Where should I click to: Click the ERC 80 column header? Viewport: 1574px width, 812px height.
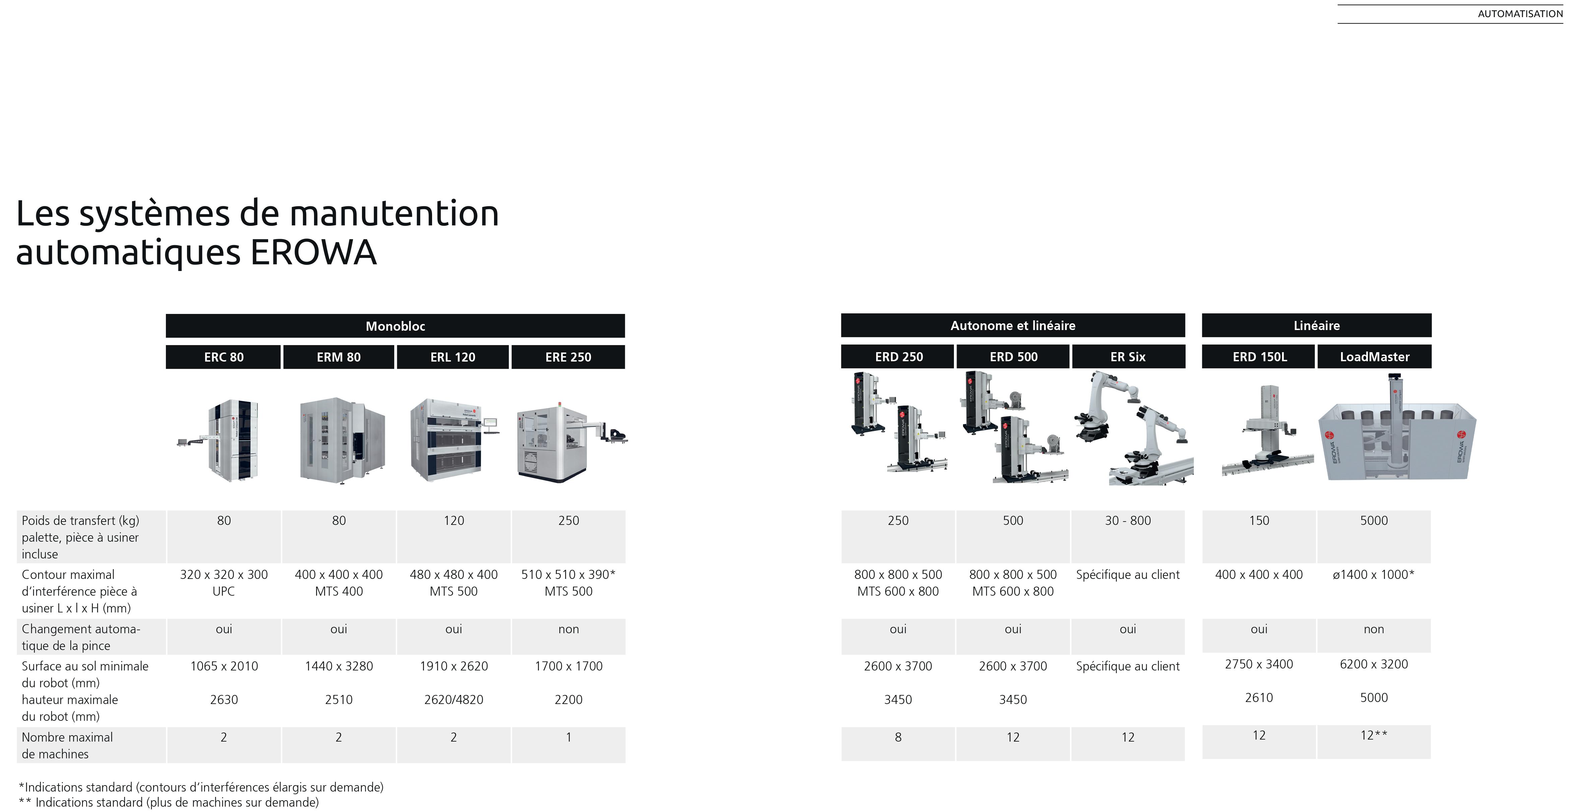click(224, 357)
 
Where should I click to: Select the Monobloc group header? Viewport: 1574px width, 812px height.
click(395, 326)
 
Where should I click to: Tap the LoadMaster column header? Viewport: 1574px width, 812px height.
click(1374, 357)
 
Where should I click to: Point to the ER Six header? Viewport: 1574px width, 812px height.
click(1128, 357)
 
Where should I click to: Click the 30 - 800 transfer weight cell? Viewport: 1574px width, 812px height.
click(1128, 521)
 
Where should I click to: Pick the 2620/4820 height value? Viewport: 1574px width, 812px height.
click(453, 700)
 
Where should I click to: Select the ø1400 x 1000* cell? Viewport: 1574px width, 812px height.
click(1374, 575)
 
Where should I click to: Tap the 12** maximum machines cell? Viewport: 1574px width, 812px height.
click(1374, 736)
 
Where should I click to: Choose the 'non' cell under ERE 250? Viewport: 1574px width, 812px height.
click(568, 629)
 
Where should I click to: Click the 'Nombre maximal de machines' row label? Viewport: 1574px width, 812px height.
click(67, 745)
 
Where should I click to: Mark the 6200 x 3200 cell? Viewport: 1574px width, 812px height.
click(1374, 664)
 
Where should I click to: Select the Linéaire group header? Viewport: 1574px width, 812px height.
click(1316, 325)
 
